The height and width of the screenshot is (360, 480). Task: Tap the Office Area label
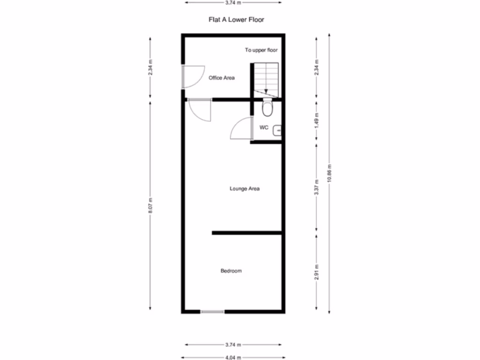(x=221, y=78)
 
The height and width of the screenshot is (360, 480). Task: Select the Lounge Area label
(x=244, y=189)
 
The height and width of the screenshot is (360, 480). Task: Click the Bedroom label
(x=231, y=271)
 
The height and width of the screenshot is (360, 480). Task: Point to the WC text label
(x=263, y=127)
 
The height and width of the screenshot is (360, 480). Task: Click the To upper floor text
(x=261, y=50)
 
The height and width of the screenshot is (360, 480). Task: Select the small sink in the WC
(x=277, y=128)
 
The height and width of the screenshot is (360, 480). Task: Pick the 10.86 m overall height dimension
(x=330, y=173)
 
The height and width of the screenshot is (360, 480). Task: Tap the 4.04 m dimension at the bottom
(x=233, y=357)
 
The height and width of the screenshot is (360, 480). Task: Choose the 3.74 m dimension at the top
(x=233, y=2)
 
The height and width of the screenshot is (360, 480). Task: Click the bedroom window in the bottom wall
(x=212, y=311)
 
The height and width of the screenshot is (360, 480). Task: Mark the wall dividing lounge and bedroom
(x=247, y=232)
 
